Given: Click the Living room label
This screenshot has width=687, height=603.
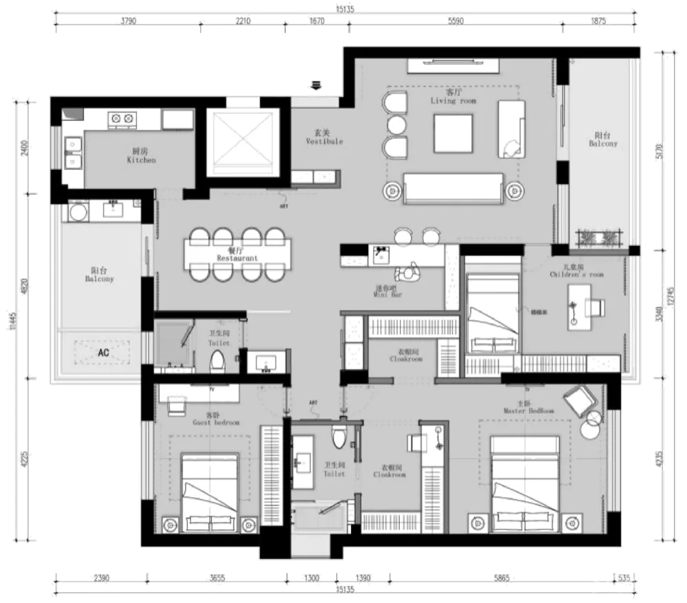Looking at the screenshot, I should tap(453, 97).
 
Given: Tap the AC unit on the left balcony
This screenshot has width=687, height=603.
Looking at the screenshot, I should tap(104, 353).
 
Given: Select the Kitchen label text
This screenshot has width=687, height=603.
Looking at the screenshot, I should tap(142, 156).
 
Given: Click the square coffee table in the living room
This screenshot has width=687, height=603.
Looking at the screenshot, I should tap(453, 134).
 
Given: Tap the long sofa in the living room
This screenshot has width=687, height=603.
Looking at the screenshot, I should tap(453, 188).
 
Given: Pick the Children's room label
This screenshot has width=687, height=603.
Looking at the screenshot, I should tap(576, 271).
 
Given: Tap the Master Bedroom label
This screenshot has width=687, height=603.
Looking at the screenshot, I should tap(528, 407).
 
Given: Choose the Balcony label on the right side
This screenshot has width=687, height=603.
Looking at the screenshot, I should tap(602, 140).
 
